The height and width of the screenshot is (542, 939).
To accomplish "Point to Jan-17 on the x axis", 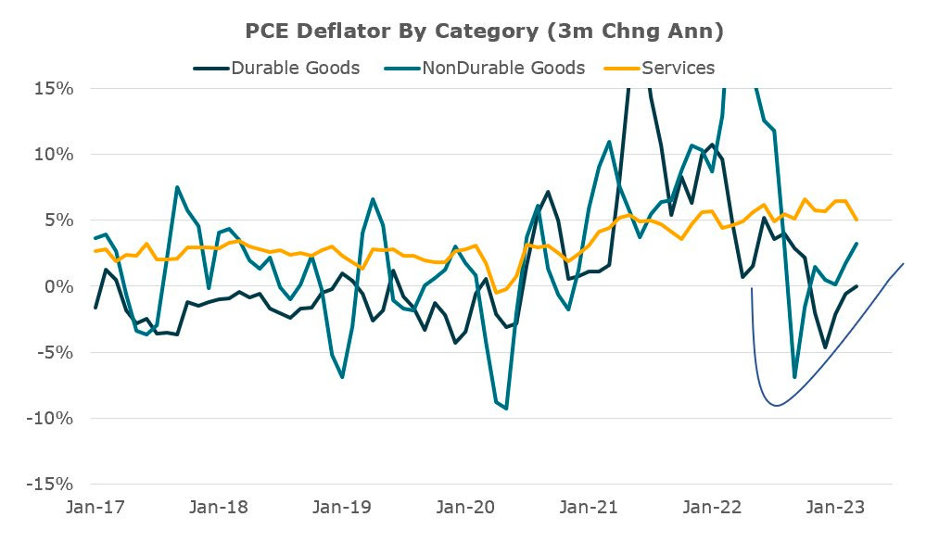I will pyautogui.click(x=95, y=507).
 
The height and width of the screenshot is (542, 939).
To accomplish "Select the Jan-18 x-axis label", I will pyautogui.click(x=219, y=507).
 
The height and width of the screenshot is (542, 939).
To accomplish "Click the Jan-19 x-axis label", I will pyautogui.click(x=342, y=507).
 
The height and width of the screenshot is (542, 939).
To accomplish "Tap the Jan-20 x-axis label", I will pyautogui.click(x=465, y=507).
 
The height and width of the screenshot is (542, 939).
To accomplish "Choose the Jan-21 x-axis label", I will pyautogui.click(x=589, y=507).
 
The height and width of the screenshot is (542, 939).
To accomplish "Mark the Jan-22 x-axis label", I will pyautogui.click(x=712, y=507).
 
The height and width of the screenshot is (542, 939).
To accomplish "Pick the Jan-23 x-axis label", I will pyautogui.click(x=835, y=507).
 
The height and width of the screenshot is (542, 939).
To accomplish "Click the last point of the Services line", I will pyautogui.click(x=857, y=220).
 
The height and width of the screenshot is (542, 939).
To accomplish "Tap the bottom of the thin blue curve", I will pyautogui.click(x=777, y=406).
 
